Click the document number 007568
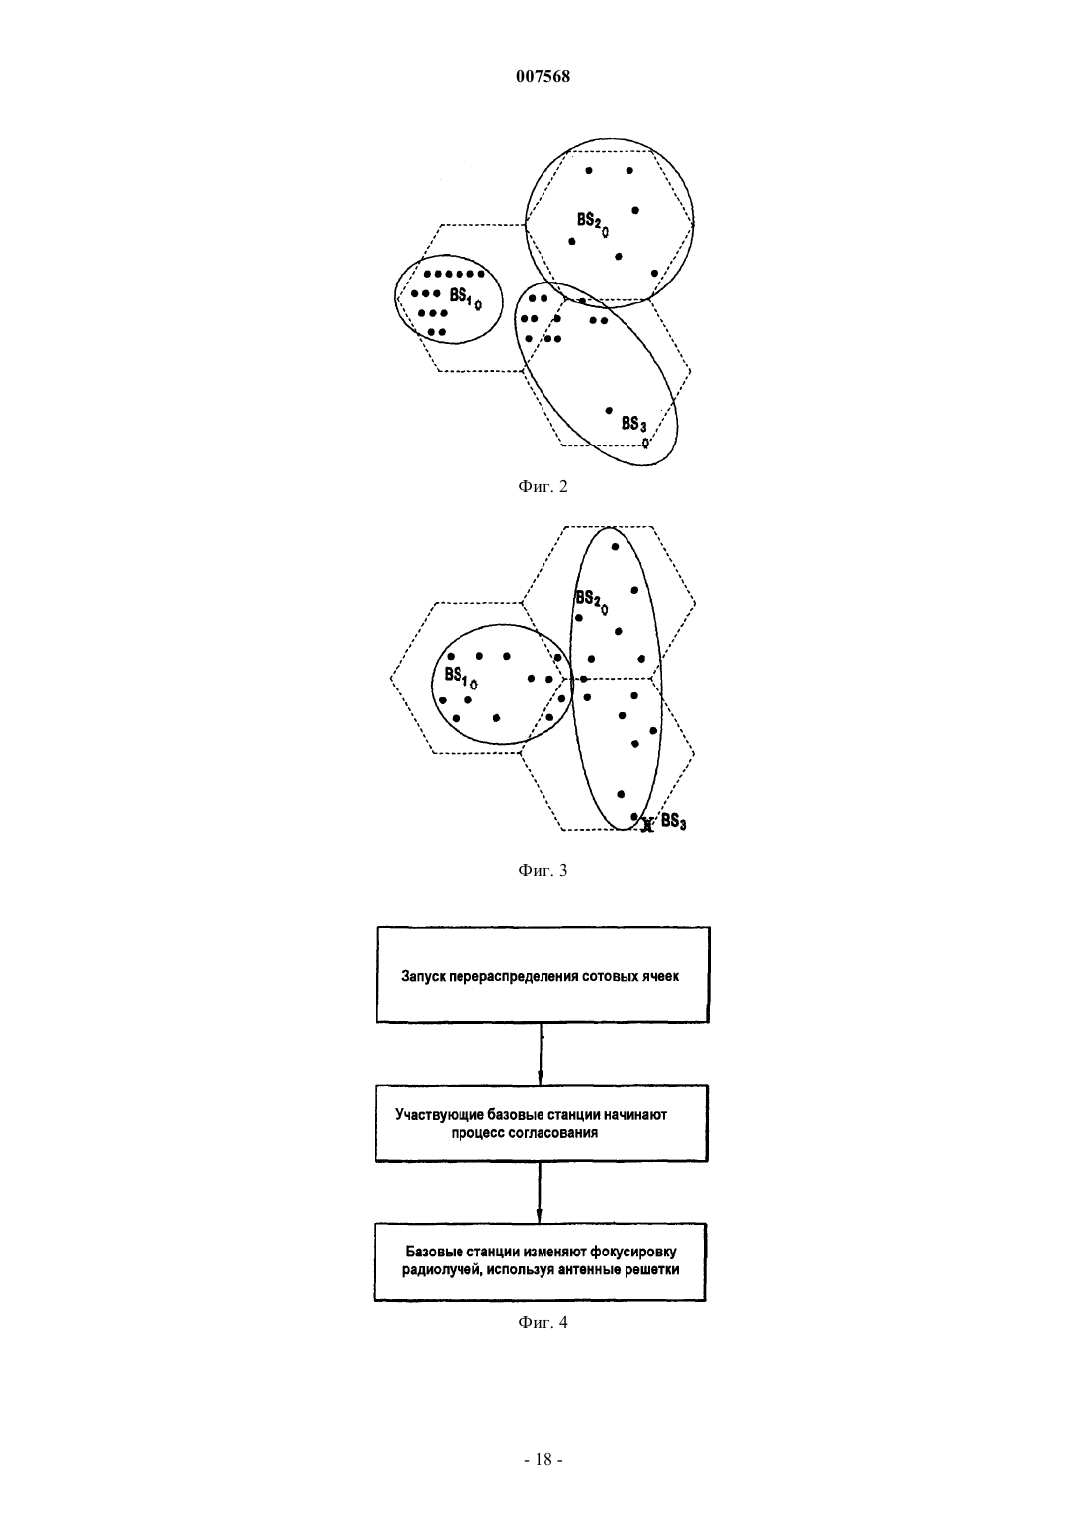click(x=543, y=76)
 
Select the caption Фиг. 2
click(x=543, y=487)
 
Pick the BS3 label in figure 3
click(x=673, y=822)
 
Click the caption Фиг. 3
click(x=543, y=871)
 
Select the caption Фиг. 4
click(x=543, y=1322)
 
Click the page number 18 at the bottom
click(x=543, y=1460)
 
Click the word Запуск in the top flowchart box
click(x=423, y=976)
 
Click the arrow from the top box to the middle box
click(x=541, y=1054)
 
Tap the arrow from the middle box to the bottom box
click(x=541, y=1192)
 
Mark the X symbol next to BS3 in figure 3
click(x=645, y=826)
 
